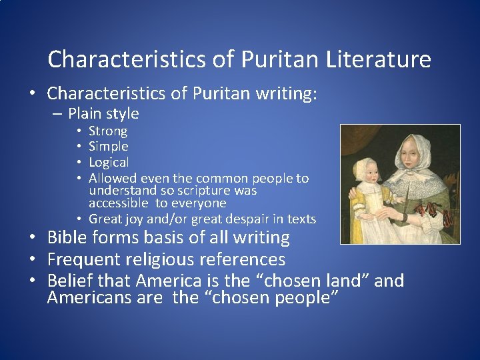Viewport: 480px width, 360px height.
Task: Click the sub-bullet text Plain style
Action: coord(103,114)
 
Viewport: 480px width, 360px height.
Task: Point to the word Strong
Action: coord(108,131)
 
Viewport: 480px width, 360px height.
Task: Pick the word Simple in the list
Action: coord(109,147)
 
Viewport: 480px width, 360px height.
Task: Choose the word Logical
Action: coord(109,163)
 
